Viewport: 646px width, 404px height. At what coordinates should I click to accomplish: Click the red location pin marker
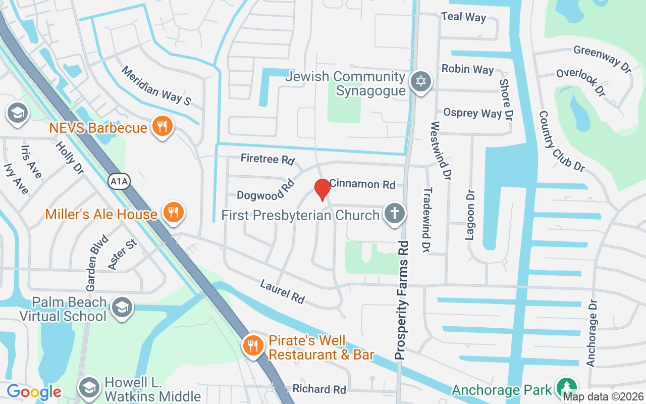tap(322, 189)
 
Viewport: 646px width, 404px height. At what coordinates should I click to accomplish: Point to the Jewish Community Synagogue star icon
tap(419, 82)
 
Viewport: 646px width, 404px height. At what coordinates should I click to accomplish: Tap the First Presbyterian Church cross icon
tap(394, 214)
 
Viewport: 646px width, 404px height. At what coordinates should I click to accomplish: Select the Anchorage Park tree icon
tap(566, 388)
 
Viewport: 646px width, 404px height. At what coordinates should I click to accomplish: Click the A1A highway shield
tap(119, 181)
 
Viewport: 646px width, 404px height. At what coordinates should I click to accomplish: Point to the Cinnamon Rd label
tap(362, 184)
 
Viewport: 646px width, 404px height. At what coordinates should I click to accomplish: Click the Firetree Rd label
tap(267, 159)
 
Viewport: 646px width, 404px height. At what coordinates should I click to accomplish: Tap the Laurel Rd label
tap(282, 292)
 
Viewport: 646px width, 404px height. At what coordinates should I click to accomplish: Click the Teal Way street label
tap(463, 17)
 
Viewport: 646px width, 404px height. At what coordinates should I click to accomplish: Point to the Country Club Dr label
tap(561, 141)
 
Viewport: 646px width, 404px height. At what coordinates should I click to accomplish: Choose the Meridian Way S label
tap(156, 86)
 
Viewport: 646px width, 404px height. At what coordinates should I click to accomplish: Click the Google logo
tap(34, 392)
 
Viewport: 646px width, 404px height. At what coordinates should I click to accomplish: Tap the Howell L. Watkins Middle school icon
tap(90, 387)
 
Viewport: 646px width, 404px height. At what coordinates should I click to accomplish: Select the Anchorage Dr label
tap(592, 333)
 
